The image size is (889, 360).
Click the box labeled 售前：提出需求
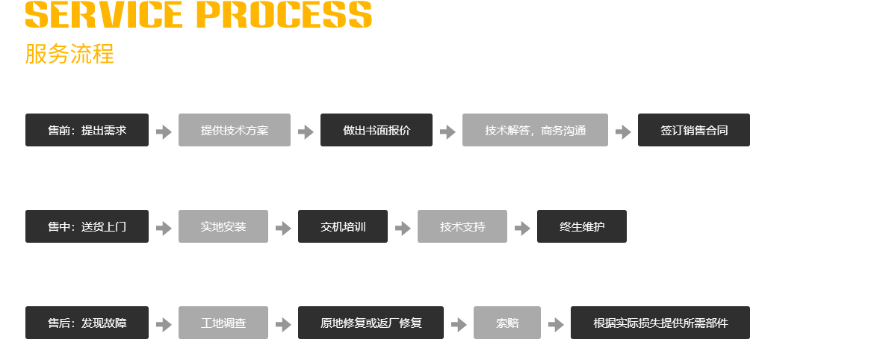[x=87, y=130]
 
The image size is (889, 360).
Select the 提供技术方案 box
[x=234, y=130]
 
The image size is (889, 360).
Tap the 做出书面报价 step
[x=376, y=130]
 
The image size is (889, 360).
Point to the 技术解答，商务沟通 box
[x=535, y=130]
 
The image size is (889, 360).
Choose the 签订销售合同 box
[x=693, y=130]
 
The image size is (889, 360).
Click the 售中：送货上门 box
[x=87, y=226]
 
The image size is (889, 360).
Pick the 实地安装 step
[x=223, y=226]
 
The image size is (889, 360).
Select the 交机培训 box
[x=342, y=226]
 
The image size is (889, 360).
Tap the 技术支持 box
[x=462, y=226]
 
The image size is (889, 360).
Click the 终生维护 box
[x=581, y=226]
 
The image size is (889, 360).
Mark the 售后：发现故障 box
[x=87, y=323]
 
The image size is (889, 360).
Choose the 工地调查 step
[x=223, y=323]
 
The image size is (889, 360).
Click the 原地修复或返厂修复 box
[x=371, y=323]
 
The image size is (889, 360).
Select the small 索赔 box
[x=507, y=323]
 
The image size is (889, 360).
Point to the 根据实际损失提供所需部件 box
[x=660, y=323]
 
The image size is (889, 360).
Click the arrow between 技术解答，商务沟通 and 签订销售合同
[x=623, y=132]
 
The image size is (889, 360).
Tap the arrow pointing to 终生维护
[x=522, y=229]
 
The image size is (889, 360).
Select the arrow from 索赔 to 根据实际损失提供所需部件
[x=556, y=325]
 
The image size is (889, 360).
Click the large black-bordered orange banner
[x=230, y=17]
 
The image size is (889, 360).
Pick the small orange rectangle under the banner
[x=69, y=54]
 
